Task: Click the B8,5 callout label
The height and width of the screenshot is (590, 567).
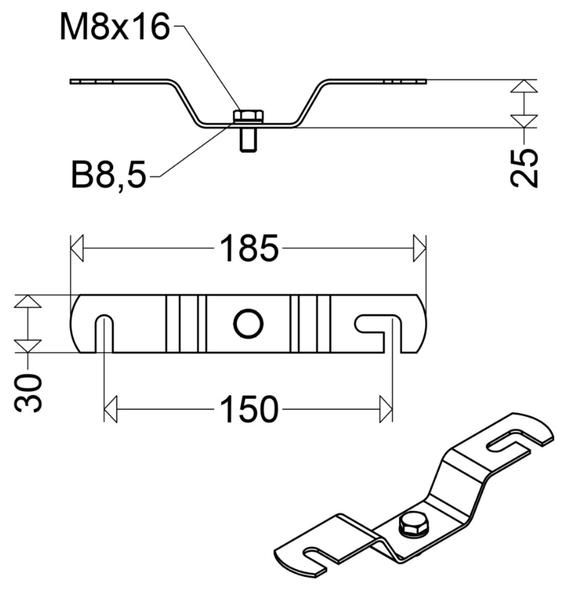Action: point(108,175)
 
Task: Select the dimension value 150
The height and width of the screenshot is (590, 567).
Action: point(248,411)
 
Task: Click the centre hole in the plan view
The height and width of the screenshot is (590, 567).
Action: point(248,324)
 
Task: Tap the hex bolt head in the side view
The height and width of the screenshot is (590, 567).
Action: point(248,116)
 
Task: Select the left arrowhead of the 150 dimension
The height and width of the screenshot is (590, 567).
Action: point(110,411)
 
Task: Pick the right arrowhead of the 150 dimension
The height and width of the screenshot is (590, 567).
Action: point(386,411)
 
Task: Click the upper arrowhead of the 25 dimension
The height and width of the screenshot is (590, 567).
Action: point(524,87)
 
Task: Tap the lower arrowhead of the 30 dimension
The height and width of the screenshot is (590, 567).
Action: point(28,346)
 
